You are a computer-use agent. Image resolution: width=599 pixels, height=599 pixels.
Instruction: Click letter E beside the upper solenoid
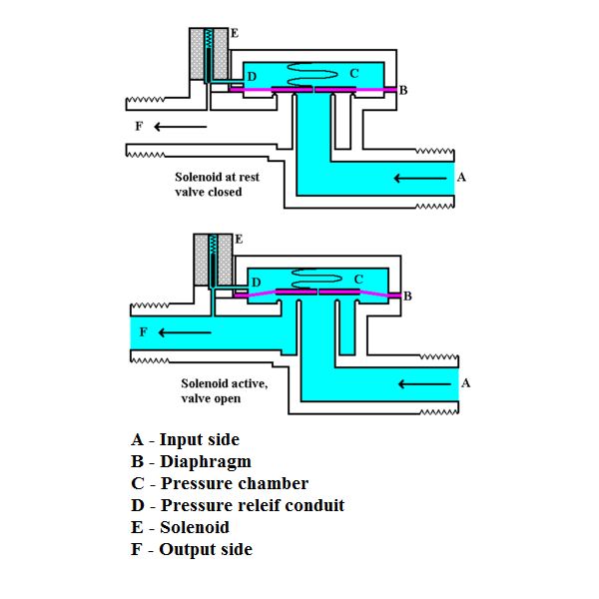235,33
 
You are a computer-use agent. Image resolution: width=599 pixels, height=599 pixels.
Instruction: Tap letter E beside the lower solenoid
239,240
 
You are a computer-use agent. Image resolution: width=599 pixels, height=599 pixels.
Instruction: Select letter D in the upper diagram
252,77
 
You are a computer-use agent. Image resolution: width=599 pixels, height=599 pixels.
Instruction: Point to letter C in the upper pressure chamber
354,73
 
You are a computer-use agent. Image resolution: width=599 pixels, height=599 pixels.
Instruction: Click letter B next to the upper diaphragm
403,90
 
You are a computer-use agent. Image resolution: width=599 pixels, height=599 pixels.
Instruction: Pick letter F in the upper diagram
139,126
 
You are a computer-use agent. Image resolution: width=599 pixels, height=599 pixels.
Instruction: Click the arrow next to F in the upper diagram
180,127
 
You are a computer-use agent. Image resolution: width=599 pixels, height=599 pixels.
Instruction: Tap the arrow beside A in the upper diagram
420,178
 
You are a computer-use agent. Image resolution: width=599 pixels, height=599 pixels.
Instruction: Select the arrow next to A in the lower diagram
424,384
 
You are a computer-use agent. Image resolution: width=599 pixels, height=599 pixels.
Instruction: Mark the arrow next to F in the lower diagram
185,332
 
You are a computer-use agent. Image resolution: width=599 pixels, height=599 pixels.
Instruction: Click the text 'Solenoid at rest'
217,177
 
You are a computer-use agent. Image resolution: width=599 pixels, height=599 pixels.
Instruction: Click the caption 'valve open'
211,398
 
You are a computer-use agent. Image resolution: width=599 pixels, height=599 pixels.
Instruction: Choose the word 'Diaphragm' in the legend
206,461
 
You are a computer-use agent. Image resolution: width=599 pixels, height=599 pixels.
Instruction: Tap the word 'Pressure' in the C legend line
194,483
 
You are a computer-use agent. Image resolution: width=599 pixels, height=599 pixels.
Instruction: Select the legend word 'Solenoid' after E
195,527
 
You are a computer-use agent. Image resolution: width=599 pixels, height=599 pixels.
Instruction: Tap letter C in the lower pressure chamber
358,280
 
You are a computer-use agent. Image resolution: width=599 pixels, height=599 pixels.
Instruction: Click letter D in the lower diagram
256,283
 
